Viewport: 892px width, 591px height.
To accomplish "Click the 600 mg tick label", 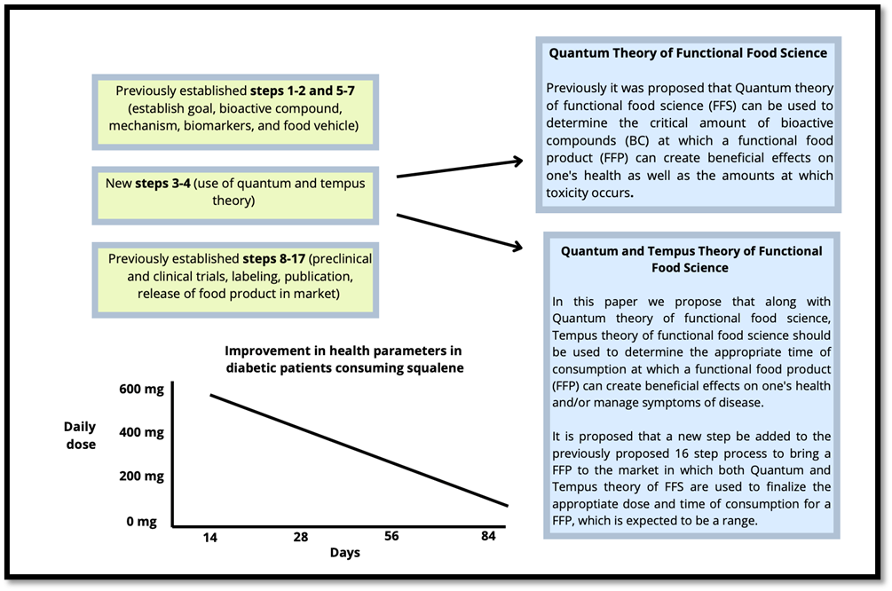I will [x=142, y=389].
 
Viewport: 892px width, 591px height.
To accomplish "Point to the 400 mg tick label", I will [x=142, y=432].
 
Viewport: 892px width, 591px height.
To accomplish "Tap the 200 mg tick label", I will [x=142, y=476].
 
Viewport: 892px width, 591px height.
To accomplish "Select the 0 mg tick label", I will [x=142, y=521].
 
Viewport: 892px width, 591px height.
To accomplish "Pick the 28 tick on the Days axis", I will [x=300, y=538].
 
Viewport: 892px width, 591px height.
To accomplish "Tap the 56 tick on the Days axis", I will [x=391, y=538].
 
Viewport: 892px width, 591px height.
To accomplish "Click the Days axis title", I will [x=344, y=553].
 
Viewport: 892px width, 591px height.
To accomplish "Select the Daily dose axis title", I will [x=80, y=435].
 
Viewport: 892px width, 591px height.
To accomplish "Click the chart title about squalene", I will [x=343, y=359].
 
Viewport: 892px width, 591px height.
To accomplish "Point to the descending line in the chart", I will [x=355, y=449].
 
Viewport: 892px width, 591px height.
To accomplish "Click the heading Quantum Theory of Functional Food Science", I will [x=688, y=53].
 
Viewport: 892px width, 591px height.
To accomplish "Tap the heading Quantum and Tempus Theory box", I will [x=691, y=259].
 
